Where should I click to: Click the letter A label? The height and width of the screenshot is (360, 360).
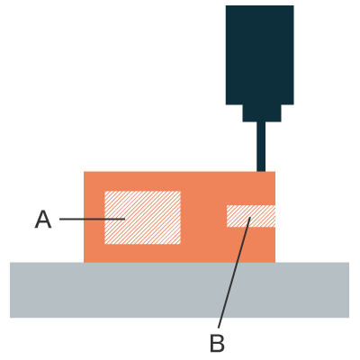tap(43, 220)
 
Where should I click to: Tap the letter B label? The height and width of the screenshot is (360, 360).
tap(217, 343)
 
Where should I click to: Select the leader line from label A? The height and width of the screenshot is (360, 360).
tap(92, 219)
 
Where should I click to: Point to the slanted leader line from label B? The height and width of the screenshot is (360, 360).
tap(234, 273)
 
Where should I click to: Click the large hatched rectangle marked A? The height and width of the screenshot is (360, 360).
tap(142, 218)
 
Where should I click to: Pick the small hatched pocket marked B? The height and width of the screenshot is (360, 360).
tap(251, 216)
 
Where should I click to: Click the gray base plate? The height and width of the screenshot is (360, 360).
tap(179, 290)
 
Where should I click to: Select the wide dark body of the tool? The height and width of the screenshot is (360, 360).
tap(260, 55)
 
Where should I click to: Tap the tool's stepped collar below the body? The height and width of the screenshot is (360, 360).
tap(262, 113)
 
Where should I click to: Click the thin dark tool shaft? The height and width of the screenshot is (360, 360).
tap(261, 147)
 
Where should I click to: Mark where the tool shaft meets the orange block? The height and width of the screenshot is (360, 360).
tap(261, 172)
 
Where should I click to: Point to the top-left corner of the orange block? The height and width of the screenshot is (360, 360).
tap(84, 172)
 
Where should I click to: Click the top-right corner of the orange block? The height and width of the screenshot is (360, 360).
tap(275, 172)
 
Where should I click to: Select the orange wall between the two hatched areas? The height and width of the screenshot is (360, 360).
tap(203, 217)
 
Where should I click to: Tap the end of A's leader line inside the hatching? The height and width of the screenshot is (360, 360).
tap(125, 219)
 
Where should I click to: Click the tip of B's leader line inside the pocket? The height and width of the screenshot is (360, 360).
tap(250, 217)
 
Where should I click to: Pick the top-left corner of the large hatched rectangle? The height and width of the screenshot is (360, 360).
tap(104, 191)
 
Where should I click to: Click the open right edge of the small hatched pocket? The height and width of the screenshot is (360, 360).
tap(275, 216)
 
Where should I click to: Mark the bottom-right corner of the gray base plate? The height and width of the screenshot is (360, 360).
tap(349, 318)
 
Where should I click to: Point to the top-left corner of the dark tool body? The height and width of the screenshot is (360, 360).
tap(226, 5)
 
